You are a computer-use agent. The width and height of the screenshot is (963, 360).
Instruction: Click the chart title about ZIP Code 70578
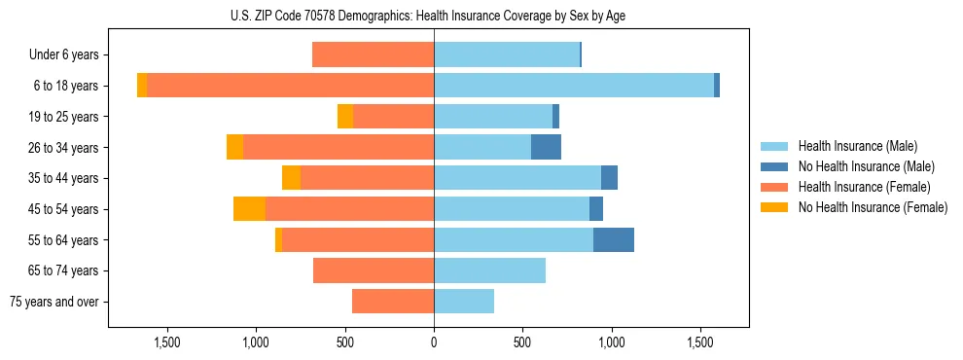[428, 16]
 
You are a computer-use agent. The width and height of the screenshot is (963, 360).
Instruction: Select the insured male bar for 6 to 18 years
[574, 86]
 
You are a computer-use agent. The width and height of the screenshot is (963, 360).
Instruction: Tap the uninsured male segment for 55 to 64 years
[614, 239]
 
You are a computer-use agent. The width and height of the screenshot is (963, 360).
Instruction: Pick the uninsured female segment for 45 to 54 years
[249, 209]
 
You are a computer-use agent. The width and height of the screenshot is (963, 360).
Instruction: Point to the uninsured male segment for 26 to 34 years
[546, 147]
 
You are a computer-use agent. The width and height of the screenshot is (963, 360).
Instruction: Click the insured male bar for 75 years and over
[464, 302]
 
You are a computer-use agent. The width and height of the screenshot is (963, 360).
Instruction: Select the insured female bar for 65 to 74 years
[374, 270]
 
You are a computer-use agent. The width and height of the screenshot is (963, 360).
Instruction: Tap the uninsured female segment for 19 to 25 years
[345, 117]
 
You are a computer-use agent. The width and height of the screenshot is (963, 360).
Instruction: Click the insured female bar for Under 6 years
[373, 54]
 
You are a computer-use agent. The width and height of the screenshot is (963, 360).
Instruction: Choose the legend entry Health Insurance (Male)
[857, 146]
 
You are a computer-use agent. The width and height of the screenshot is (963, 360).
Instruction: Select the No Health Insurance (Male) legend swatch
[774, 166]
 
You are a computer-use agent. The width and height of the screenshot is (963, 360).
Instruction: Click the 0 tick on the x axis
[434, 342]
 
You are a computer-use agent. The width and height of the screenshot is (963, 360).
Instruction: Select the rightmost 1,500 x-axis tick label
[700, 342]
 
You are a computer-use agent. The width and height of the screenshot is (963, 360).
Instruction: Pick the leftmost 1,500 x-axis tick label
[167, 342]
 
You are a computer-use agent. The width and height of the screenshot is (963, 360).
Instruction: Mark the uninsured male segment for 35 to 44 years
[609, 178]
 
